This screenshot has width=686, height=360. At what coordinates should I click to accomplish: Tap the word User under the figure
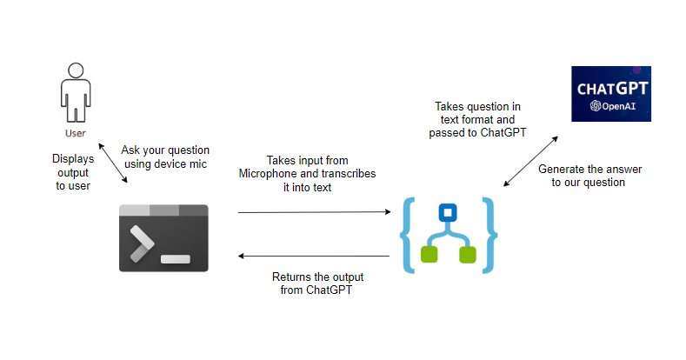coord(76,134)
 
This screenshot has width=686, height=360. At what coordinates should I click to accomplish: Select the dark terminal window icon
coord(163,237)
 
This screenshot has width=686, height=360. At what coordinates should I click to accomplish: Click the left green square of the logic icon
coord(428,255)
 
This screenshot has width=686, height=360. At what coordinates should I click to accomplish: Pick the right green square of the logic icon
coord(468,255)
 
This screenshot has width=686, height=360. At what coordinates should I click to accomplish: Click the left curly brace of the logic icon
coord(408,235)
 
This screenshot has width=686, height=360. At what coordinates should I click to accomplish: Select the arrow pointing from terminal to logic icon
coord(313,211)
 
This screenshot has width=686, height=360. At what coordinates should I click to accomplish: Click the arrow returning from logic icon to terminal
coord(313,257)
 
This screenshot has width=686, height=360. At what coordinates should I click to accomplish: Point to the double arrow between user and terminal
coord(113,163)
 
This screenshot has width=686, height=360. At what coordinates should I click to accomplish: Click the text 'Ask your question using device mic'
coord(165,157)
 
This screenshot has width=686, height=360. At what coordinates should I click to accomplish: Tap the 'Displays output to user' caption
coord(73,172)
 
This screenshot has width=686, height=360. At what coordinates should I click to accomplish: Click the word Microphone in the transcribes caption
coord(268,174)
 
